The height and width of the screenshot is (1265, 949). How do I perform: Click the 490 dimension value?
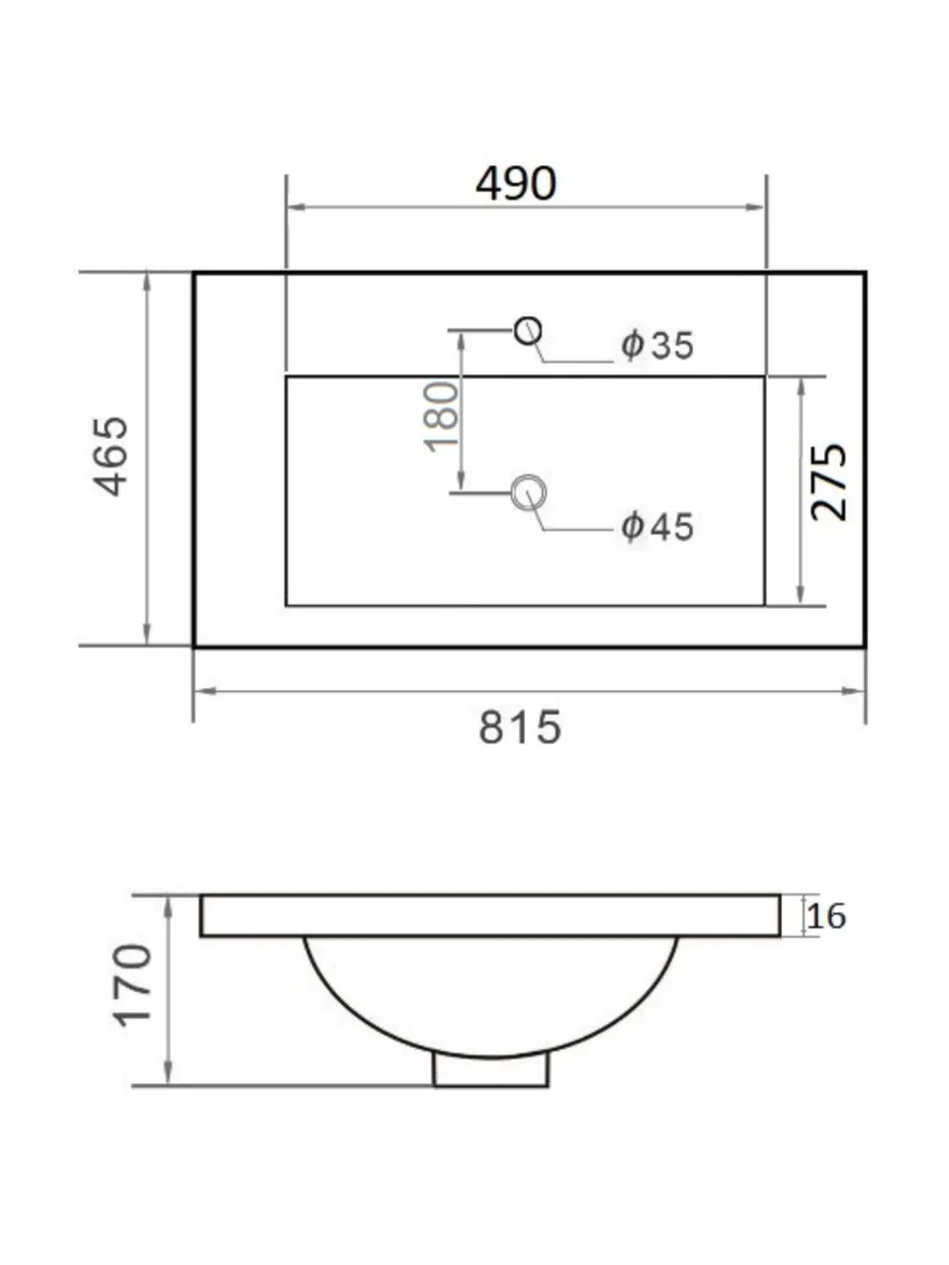click(x=515, y=183)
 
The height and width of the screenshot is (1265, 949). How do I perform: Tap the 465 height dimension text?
click(x=111, y=456)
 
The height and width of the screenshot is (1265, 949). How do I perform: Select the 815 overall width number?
click(x=520, y=727)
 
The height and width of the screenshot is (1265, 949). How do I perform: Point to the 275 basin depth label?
click(x=828, y=482)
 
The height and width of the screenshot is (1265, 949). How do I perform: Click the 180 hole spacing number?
click(x=441, y=417)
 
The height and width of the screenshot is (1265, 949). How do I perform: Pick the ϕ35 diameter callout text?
click(x=656, y=345)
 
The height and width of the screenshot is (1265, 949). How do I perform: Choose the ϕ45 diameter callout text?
click(x=656, y=526)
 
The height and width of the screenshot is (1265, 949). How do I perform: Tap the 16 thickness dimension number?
click(x=826, y=916)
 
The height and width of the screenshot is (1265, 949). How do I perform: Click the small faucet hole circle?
click(x=528, y=331)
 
